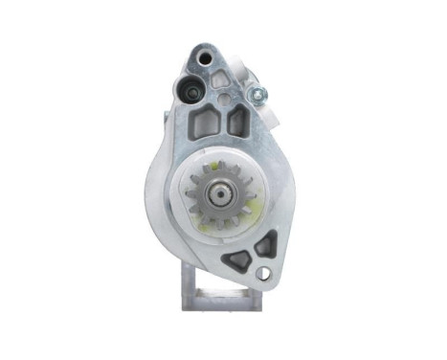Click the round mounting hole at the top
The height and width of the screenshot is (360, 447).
tap(206, 59)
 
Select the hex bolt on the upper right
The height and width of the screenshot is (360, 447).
tap(258, 95)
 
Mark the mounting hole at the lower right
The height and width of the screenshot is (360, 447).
tap(263, 273)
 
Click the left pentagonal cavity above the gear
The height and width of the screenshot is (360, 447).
tap(201, 122)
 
